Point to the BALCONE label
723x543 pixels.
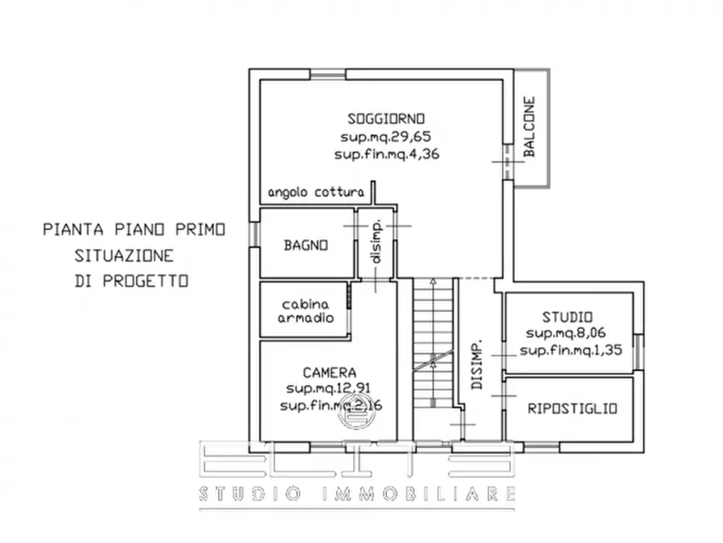click(x=529, y=127)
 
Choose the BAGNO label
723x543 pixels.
click(x=305, y=245)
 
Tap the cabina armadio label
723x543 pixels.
click(x=306, y=311)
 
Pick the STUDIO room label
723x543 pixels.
click(x=568, y=316)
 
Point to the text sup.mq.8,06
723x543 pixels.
click(x=568, y=333)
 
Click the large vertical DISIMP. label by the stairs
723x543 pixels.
click(x=478, y=364)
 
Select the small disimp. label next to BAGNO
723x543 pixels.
click(x=376, y=243)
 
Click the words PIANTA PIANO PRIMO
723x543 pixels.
click(x=134, y=230)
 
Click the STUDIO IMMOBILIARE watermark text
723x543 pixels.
click(x=357, y=494)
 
